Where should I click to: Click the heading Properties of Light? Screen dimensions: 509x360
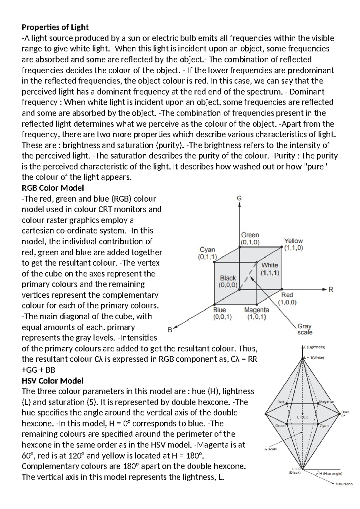[x=55, y=28]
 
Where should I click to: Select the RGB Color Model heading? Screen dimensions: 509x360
[x=53, y=188]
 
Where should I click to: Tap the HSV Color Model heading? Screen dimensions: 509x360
[x=52, y=381]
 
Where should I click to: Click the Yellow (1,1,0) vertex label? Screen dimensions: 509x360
[x=293, y=244]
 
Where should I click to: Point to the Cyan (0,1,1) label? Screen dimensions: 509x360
[x=207, y=253]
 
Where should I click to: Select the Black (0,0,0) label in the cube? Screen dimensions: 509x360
[x=228, y=282]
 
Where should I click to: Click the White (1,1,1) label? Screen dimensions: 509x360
[x=270, y=269]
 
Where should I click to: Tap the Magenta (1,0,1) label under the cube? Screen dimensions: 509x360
[x=256, y=313]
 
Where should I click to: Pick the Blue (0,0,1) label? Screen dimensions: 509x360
[x=222, y=313]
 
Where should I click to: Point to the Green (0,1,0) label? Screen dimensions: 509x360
[x=250, y=238]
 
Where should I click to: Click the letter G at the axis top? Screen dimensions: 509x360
[x=239, y=198]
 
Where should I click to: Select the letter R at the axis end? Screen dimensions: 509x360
[x=331, y=290]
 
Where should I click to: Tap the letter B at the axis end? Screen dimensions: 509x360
[x=170, y=330]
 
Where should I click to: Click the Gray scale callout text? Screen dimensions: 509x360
[x=304, y=329]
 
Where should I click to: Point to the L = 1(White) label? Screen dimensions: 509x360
[x=314, y=358]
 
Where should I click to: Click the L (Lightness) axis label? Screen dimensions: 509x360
[x=314, y=347]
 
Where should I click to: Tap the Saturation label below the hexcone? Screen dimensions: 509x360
[x=344, y=484]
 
